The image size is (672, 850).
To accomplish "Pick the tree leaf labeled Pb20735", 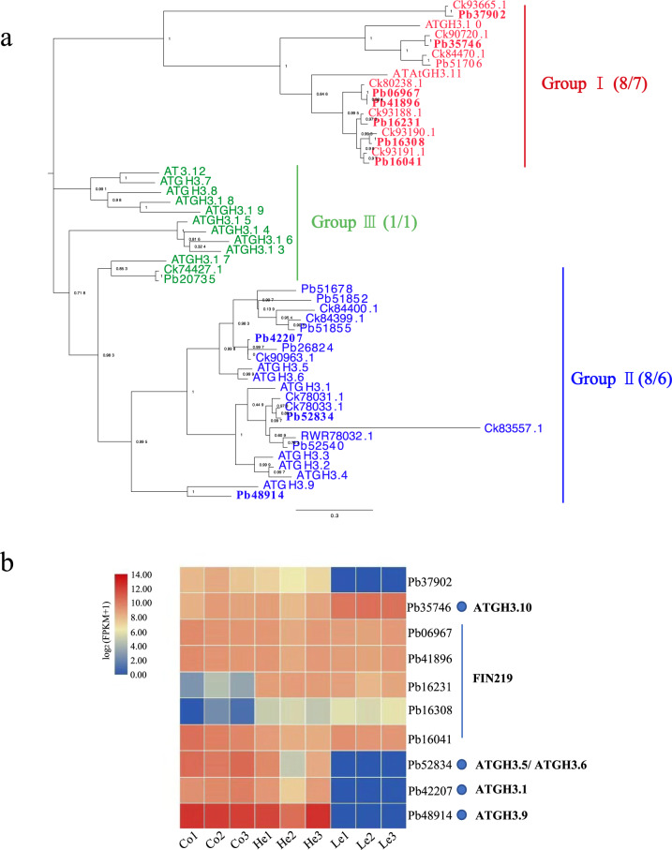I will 190,279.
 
